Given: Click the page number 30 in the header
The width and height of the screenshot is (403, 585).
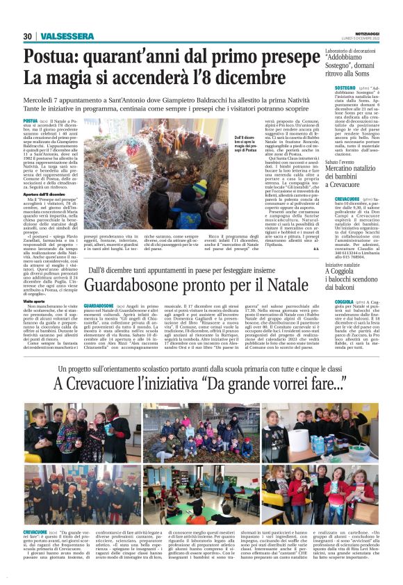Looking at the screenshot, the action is pyautogui.click(x=28, y=36).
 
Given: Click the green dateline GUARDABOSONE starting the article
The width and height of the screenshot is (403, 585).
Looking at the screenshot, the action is pyautogui.click(x=99, y=306).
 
